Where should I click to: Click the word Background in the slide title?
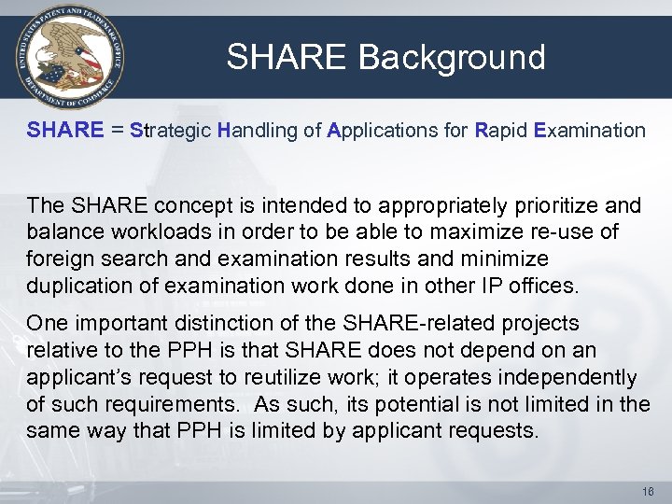pyautogui.click(x=452, y=57)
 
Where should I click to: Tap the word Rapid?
pyautogui.click(x=500, y=131)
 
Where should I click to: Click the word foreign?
pyautogui.click(x=58, y=258)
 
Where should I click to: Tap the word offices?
pyautogui.click(x=543, y=285)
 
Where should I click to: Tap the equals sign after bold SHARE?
pyautogui.click(x=119, y=132)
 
